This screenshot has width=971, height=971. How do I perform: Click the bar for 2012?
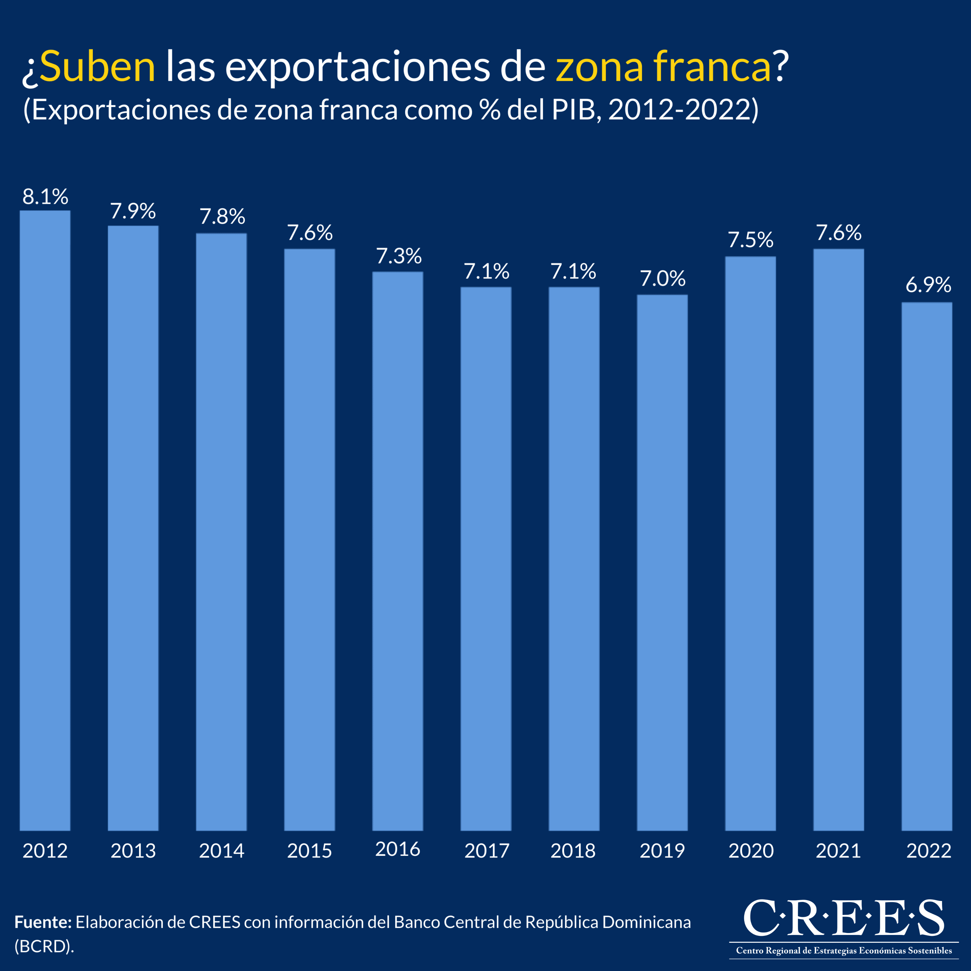(x=45, y=520)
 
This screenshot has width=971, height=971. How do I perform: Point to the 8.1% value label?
(x=45, y=197)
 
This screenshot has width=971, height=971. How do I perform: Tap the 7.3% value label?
(x=399, y=256)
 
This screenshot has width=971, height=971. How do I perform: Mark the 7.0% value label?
(x=662, y=279)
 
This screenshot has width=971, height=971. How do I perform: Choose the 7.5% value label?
(x=750, y=240)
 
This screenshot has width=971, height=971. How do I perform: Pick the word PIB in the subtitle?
(x=573, y=110)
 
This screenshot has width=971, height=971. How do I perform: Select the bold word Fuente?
(x=43, y=922)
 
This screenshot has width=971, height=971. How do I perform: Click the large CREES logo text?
(x=844, y=918)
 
